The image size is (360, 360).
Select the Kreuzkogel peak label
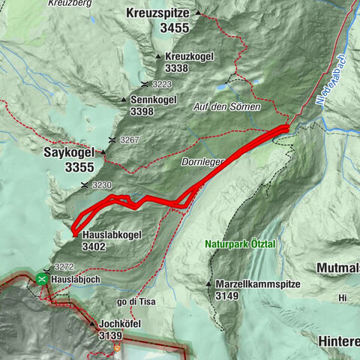point(187,56)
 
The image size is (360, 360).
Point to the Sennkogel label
point(153,100)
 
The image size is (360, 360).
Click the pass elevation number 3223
point(161,84)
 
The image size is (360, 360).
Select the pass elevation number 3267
point(129,140)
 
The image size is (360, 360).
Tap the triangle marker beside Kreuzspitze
point(198,13)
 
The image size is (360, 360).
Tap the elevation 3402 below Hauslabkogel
point(94,246)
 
